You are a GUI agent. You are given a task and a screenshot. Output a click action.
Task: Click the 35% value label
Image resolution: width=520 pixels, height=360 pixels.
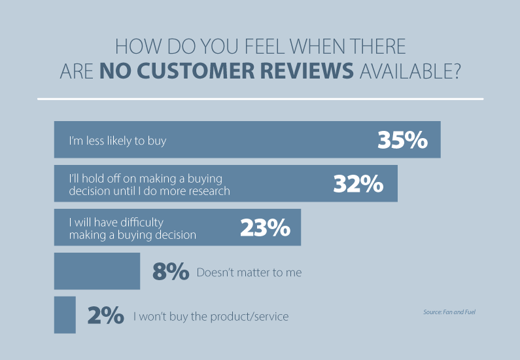point(402,140)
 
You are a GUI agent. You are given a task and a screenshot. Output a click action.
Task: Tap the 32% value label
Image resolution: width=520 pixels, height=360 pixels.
point(358,184)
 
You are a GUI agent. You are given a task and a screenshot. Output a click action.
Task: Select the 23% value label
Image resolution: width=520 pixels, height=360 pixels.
point(265,228)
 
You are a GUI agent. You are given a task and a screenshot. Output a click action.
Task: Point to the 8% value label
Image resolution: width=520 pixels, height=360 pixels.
point(171,272)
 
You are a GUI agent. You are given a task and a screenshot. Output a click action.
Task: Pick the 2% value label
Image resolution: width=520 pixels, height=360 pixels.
point(106,316)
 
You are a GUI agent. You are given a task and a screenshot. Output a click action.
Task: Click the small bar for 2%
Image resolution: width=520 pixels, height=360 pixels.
point(65,315)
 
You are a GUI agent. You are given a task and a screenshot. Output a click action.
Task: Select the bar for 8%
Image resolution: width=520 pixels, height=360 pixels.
point(97,271)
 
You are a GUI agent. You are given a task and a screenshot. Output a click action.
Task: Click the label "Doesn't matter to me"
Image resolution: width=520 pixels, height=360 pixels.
point(249,272)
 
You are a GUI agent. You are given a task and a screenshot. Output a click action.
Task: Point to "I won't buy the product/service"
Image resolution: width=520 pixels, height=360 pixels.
point(211,317)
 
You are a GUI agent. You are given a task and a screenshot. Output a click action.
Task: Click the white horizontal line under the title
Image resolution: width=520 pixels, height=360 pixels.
point(260,99)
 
